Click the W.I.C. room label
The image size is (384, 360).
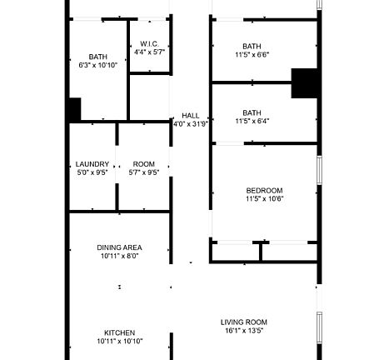150,43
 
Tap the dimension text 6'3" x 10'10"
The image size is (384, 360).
92,65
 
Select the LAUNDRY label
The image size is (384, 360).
92,164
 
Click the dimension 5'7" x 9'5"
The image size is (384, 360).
144,173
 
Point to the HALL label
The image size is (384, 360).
191,116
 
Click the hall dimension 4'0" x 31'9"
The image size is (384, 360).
191,124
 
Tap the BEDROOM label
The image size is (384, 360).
264,190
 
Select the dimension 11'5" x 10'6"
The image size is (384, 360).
264,199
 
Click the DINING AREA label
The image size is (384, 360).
119,247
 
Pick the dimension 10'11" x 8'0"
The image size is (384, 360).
119,257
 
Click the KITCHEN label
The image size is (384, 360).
119,332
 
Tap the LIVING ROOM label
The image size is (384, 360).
243,322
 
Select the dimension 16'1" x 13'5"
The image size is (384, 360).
243,331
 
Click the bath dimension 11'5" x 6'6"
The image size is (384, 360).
252,55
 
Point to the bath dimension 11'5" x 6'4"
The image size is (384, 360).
252,122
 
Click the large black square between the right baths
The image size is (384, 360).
306,83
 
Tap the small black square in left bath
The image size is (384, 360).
73,109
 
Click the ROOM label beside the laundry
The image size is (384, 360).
144,164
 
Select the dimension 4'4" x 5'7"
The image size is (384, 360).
150,52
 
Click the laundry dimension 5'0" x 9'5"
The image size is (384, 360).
92,173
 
